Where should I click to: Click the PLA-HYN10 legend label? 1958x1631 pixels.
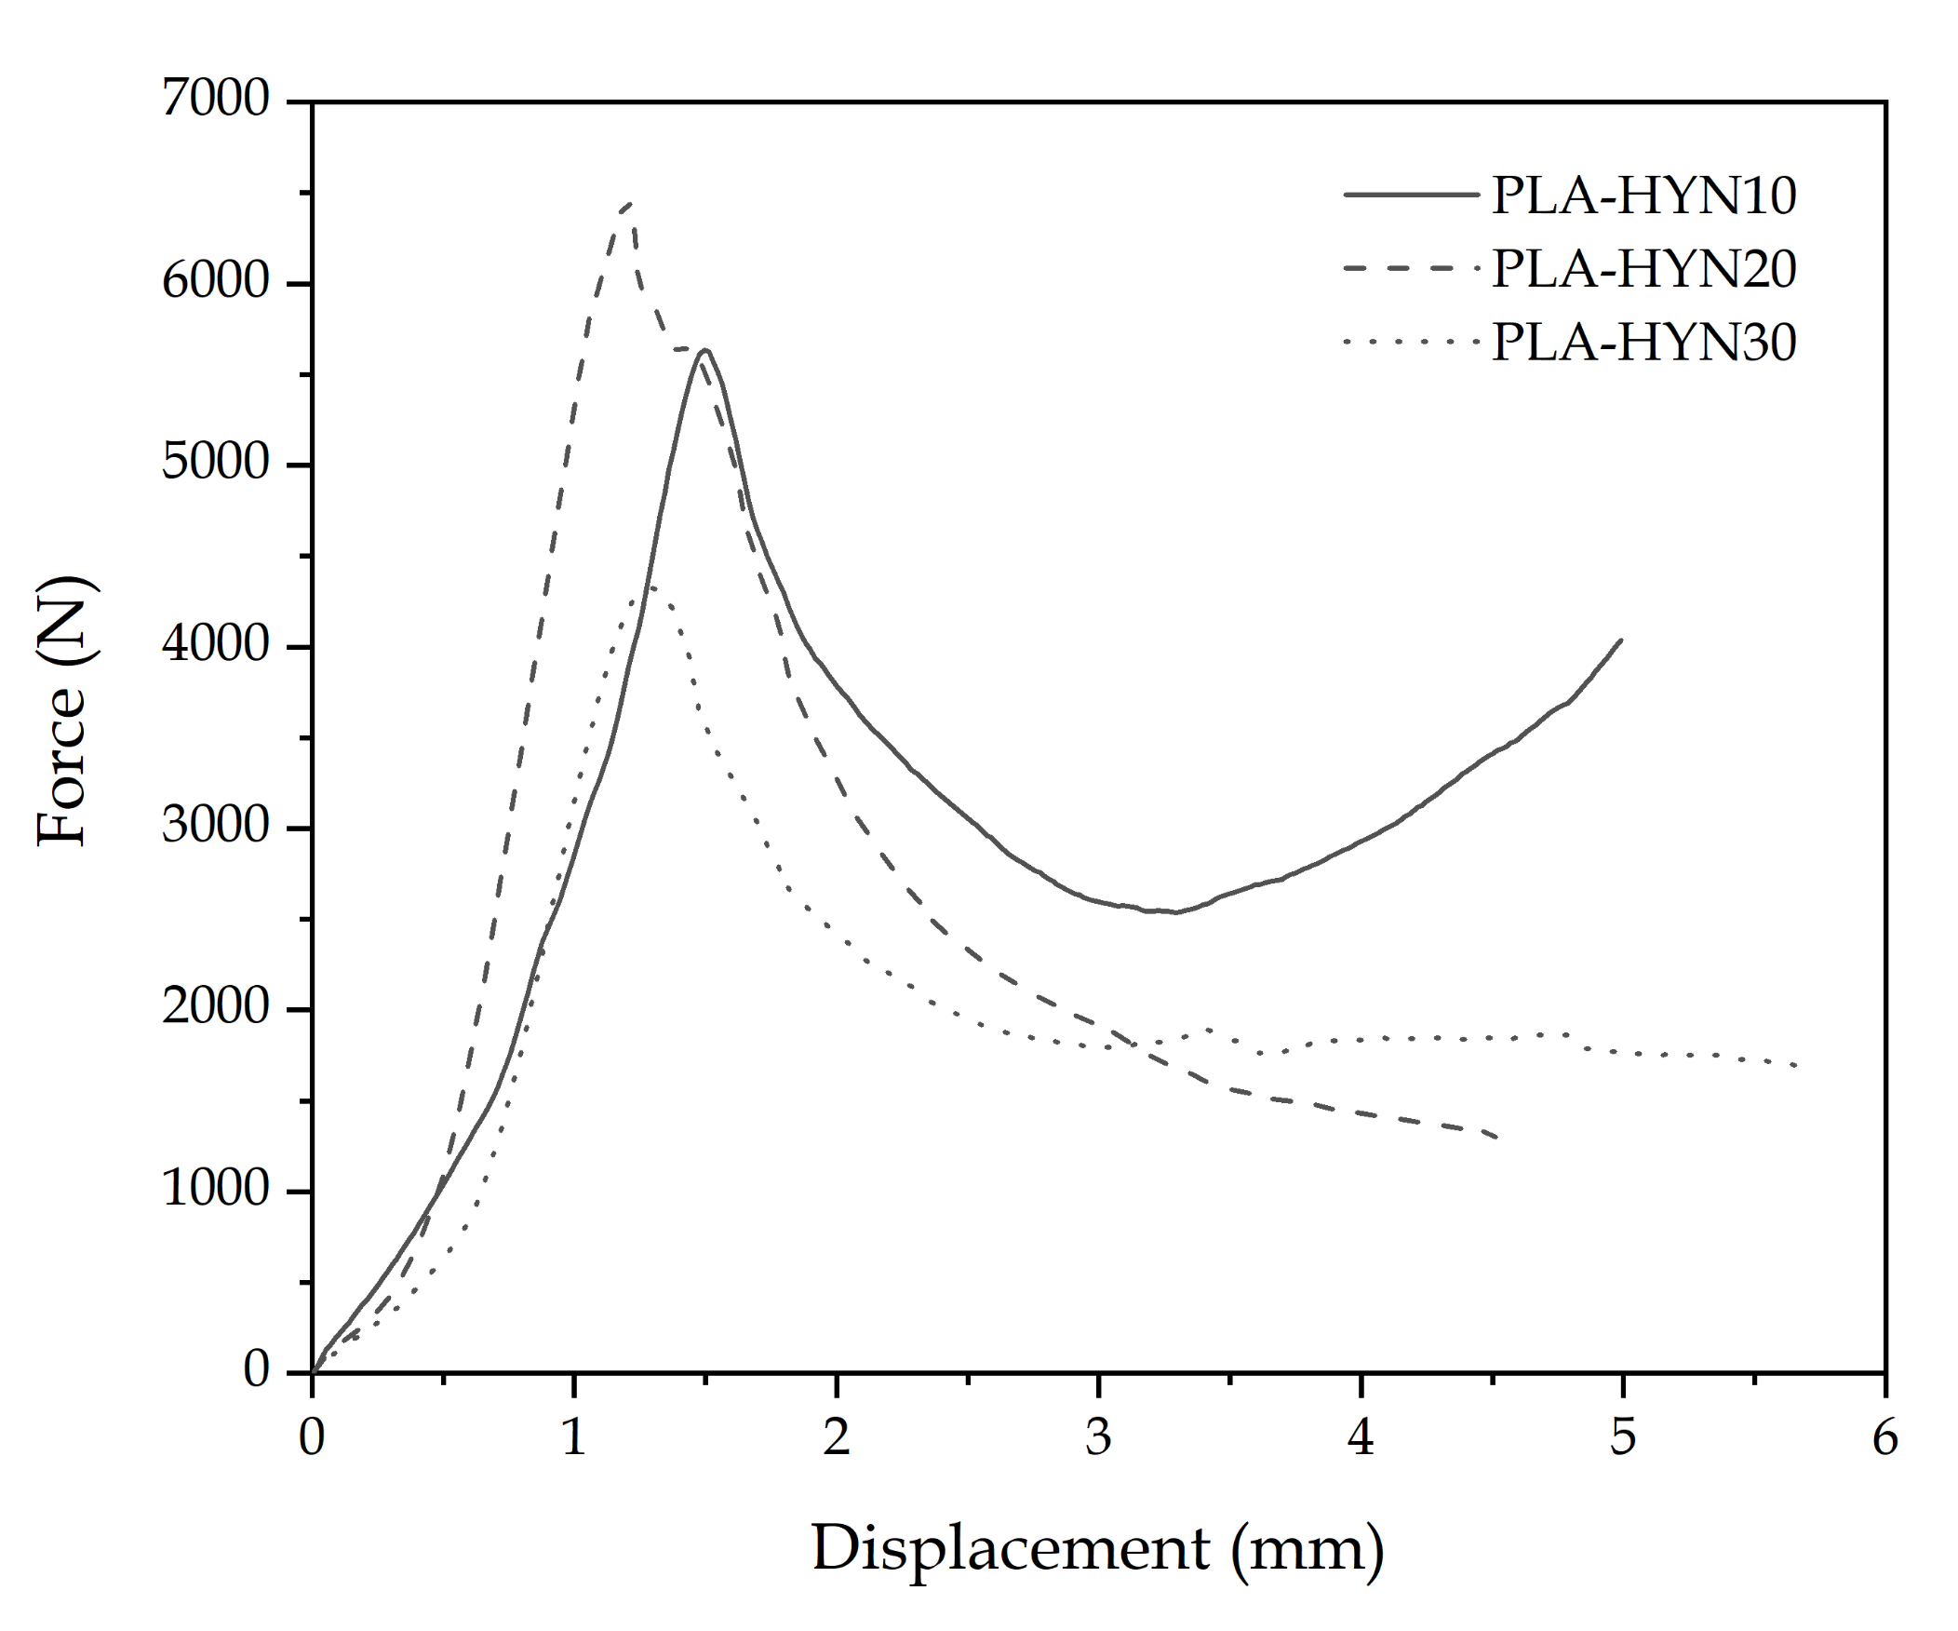[x=1643, y=196]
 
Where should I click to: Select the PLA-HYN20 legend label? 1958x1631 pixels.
[x=1643, y=269]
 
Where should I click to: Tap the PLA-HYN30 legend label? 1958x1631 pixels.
[x=1643, y=343]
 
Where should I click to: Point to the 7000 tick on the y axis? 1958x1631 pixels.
[x=215, y=100]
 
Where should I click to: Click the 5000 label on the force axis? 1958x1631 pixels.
[x=215, y=464]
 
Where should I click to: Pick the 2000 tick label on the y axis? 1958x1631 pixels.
[x=215, y=1008]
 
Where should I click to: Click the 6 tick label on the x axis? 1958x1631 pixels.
[x=1884, y=1438]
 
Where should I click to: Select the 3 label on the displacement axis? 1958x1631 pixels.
[x=1098, y=1438]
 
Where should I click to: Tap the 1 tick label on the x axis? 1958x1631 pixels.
[x=573, y=1438]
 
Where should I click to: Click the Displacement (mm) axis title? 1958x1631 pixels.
[x=1097, y=1548]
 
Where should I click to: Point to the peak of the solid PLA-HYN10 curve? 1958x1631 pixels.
[x=705, y=350]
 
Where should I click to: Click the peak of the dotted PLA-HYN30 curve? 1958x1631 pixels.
[x=650, y=586]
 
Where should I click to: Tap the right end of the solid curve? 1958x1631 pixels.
[x=1622, y=640]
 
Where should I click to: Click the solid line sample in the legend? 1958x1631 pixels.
[x=1411, y=195]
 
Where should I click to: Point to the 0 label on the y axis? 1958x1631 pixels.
[x=257, y=1372]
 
